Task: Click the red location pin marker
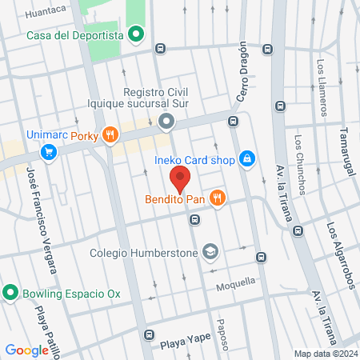180,178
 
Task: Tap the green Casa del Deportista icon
136,34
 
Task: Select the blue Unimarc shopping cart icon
50,151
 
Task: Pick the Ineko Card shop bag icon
248,159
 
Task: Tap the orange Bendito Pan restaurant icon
216,198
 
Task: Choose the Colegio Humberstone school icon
210,251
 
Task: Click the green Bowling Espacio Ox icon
11,293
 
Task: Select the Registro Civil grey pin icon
166,122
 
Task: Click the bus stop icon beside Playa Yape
148,334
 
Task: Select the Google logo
26,350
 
